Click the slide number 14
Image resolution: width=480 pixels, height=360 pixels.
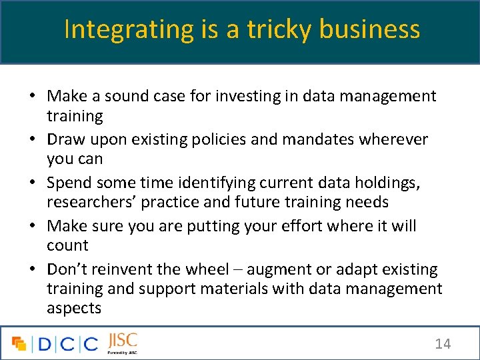(x=443, y=344)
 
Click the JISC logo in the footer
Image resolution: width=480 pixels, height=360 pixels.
(x=122, y=342)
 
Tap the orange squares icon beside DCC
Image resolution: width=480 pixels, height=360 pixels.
(x=19, y=344)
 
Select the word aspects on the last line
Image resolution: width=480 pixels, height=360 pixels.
(x=74, y=309)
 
